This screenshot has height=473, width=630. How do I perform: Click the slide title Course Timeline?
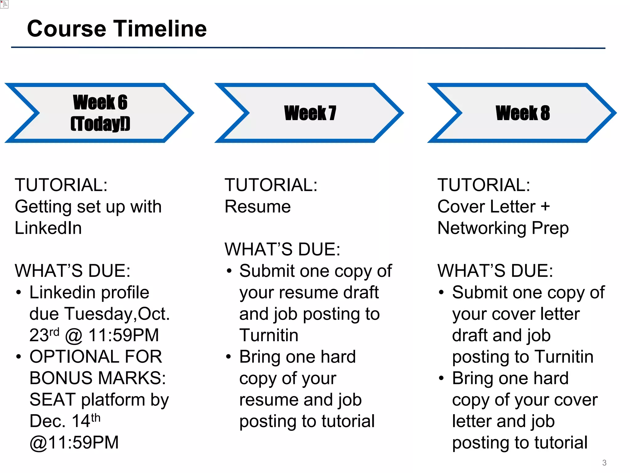click(117, 29)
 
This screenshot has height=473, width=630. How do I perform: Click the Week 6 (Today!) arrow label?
click(100, 113)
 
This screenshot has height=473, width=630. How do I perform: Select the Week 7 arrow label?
click(310, 113)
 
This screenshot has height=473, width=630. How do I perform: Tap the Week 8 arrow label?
click(523, 113)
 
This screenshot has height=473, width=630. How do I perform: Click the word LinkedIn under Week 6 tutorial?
click(48, 228)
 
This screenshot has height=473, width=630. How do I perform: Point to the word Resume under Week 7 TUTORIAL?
click(257, 207)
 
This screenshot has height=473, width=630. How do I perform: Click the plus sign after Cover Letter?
click(545, 206)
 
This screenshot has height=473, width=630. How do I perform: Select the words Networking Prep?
click(503, 228)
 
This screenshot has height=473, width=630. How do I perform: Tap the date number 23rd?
click(44, 335)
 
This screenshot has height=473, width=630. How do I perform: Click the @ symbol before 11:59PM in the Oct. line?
click(74, 336)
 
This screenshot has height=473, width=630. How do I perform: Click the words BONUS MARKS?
click(98, 378)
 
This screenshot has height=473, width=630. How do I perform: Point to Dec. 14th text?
click(65, 421)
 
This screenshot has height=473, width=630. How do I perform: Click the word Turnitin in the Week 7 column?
click(269, 335)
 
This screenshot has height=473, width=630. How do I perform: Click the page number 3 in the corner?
click(604, 463)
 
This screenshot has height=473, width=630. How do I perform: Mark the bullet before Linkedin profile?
click(19, 293)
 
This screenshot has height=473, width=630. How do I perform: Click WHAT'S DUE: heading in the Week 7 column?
click(282, 249)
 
